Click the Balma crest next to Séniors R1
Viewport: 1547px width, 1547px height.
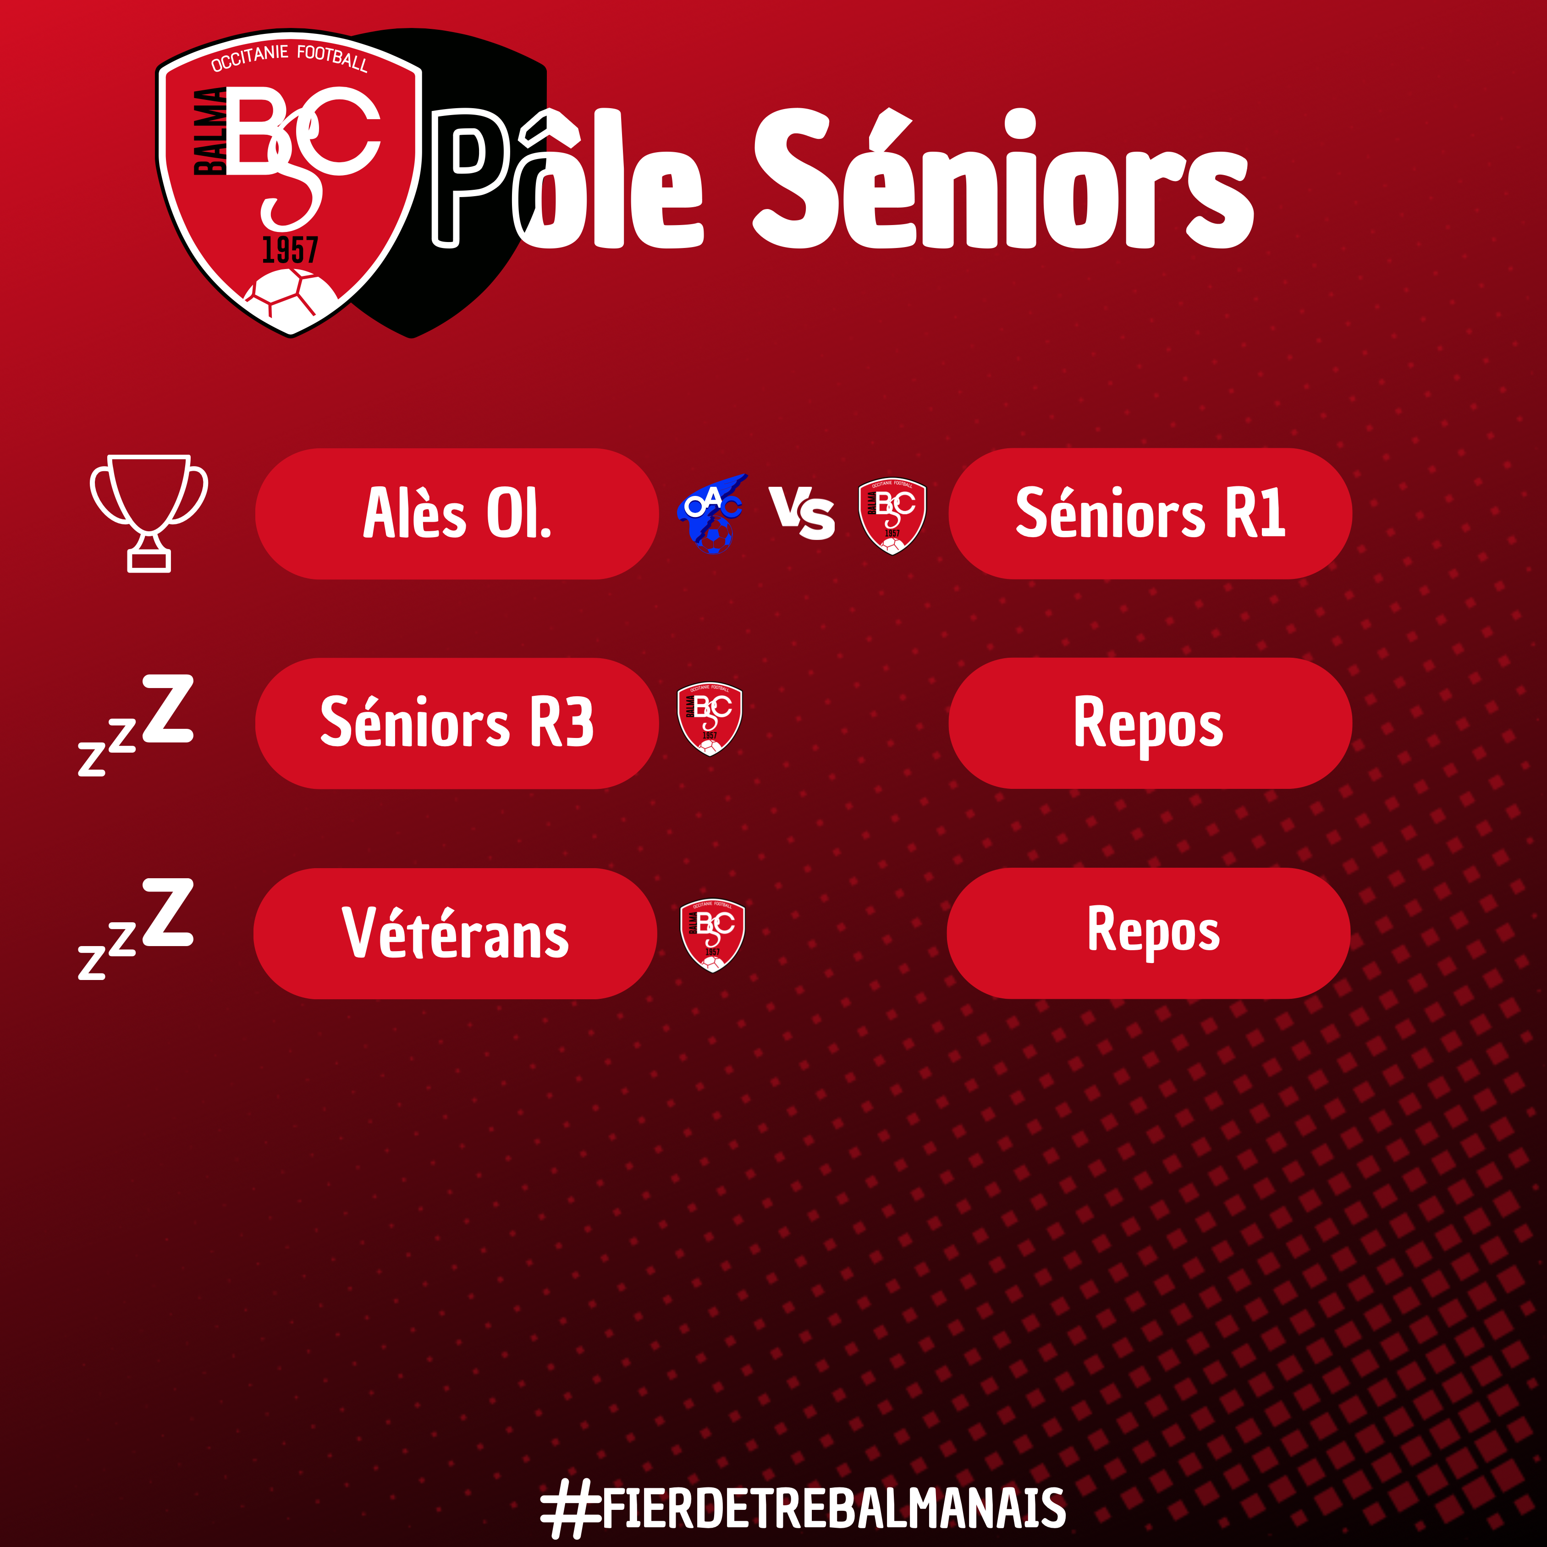892,516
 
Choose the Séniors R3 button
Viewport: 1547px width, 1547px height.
457,723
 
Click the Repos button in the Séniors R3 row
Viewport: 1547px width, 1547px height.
1150,723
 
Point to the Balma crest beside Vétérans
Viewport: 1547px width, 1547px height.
712,935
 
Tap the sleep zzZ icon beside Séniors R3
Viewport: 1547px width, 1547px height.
136,725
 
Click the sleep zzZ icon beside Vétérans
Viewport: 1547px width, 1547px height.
136,928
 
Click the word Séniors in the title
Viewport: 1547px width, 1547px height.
1002,179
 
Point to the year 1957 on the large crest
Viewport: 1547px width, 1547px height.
290,250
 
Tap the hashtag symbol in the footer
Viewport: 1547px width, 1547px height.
570,1508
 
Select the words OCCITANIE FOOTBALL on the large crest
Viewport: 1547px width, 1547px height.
289,58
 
